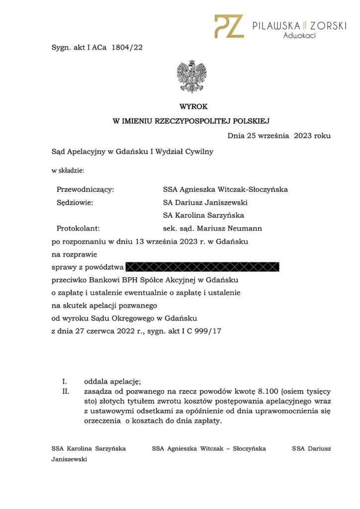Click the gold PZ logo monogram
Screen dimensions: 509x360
pyautogui.click(x=229, y=26)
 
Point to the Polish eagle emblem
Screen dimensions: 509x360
pyautogui.click(x=191, y=77)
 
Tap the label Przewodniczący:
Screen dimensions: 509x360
pyautogui.click(x=86, y=189)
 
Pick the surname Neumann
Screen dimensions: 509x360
pyautogui.click(x=244, y=229)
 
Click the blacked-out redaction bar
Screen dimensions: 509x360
pyautogui.click(x=203, y=267)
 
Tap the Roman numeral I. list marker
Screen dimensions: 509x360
pyautogui.click(x=65, y=382)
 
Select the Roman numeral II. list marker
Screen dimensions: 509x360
pyautogui.click(x=65, y=392)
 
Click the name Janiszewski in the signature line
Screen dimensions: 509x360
pyautogui.click(x=69, y=459)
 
